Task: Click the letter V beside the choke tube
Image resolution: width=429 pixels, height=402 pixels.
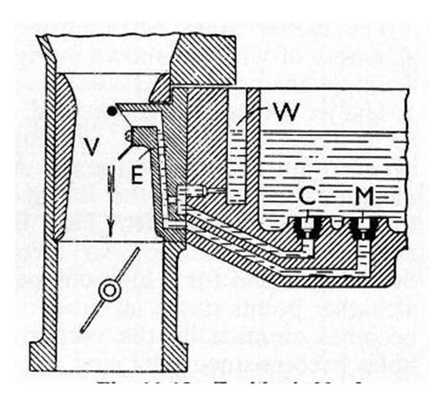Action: click(93, 147)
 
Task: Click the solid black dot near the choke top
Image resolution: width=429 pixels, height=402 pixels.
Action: click(112, 112)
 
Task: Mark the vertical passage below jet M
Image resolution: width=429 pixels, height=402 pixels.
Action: click(361, 254)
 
